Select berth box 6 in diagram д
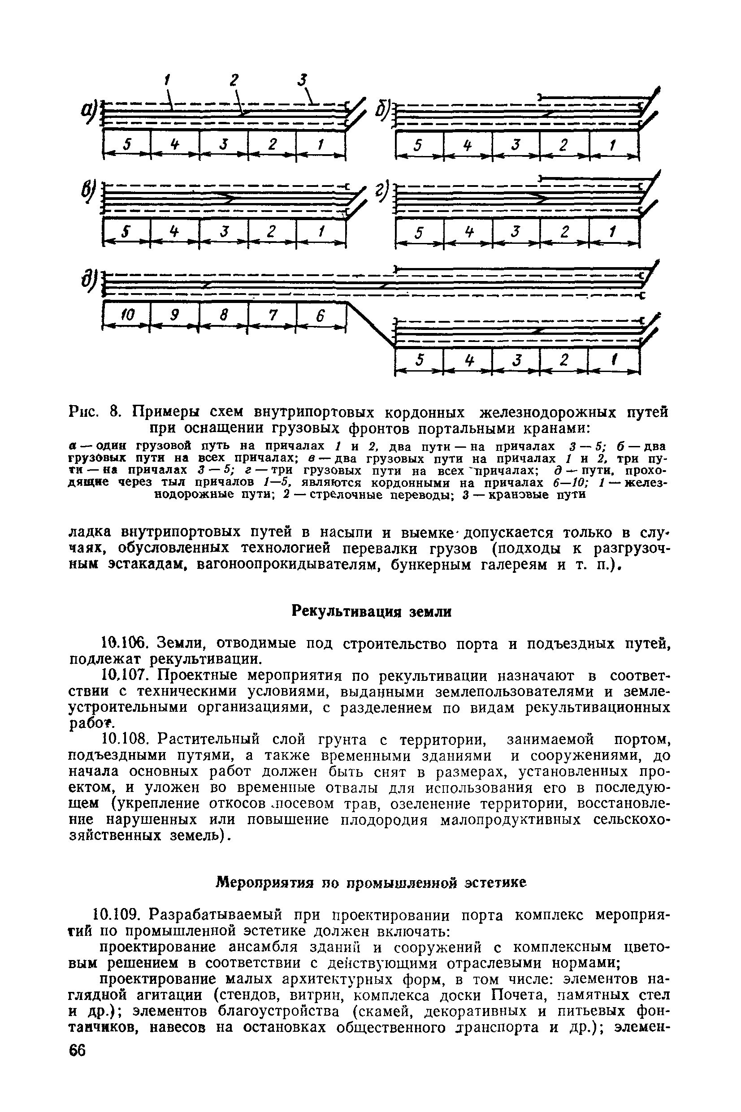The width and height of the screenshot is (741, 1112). tap(321, 315)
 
